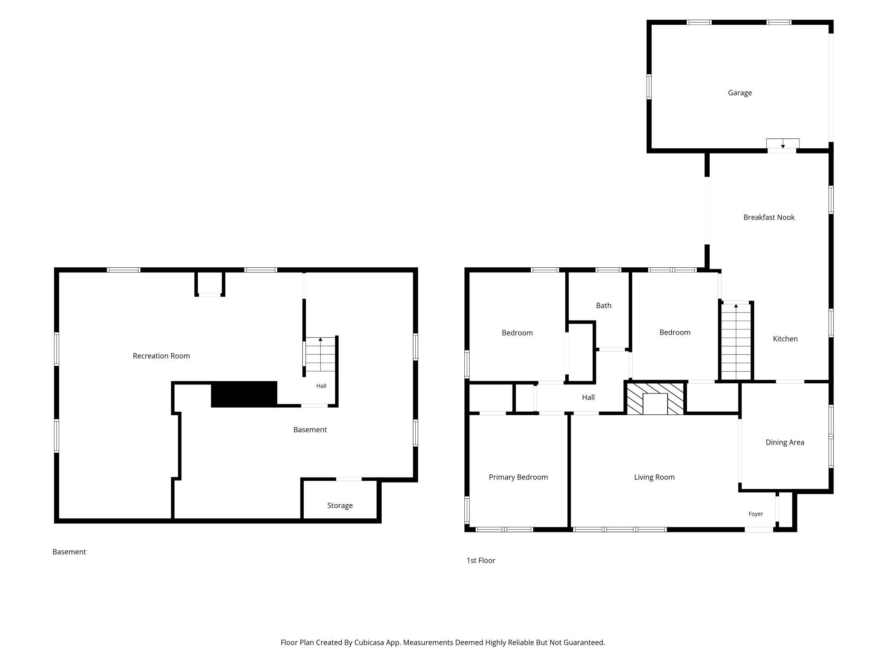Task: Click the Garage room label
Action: coord(739,93)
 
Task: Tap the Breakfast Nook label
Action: coord(769,217)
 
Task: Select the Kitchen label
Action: coord(785,339)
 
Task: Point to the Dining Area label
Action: coord(785,442)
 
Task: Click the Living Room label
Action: coord(654,477)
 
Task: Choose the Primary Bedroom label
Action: coord(518,477)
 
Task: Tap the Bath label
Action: coord(604,306)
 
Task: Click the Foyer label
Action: coord(756,514)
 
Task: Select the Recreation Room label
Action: coord(161,356)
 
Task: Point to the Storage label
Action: coord(340,506)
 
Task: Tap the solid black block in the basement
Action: coord(244,394)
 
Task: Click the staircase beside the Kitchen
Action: coord(736,341)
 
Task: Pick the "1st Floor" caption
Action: coord(481,561)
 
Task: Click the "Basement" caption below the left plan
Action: coord(69,552)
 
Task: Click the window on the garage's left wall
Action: coord(649,87)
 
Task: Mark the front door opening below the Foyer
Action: coord(759,529)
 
